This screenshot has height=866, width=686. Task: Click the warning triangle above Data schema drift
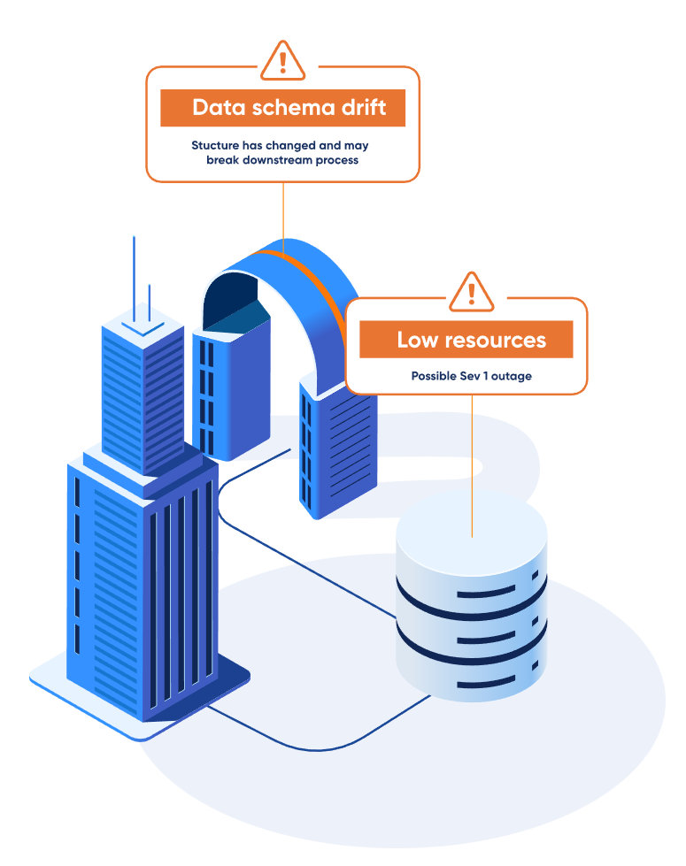click(x=282, y=61)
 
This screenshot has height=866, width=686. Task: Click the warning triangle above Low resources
click(x=472, y=292)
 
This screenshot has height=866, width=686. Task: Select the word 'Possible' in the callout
click(x=434, y=376)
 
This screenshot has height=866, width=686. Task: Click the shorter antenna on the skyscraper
click(x=150, y=301)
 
